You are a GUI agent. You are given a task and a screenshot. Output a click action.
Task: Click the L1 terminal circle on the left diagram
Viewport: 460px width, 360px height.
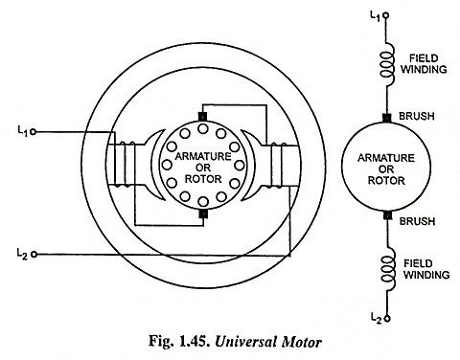pos(33,131)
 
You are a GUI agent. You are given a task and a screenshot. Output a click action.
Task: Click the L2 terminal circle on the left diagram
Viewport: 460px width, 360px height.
pos(34,255)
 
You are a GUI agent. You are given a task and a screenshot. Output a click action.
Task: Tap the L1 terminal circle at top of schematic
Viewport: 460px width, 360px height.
pos(386,14)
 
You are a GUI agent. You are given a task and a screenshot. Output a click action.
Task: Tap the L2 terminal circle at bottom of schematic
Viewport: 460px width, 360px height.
pos(387,318)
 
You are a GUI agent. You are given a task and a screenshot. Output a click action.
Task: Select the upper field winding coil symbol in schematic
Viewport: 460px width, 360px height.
pos(387,64)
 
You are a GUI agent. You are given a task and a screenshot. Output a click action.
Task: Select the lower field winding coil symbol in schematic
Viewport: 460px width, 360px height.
pos(388,269)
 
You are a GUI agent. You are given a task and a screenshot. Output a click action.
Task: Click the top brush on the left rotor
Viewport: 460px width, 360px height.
pos(203,117)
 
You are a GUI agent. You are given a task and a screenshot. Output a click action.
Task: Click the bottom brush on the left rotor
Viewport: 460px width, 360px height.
pos(203,214)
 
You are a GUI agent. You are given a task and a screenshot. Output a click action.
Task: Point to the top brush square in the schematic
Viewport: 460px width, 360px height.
pos(387,119)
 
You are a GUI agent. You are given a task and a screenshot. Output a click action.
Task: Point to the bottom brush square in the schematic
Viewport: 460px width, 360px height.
pos(387,215)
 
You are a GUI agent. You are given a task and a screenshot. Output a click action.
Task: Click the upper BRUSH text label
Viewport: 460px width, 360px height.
pos(417,116)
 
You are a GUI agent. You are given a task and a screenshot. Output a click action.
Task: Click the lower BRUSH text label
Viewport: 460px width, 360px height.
pos(417,221)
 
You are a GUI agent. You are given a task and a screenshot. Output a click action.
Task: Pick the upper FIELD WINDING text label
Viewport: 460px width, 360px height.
pos(424,64)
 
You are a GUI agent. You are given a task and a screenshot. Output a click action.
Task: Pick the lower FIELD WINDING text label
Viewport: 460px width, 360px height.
pos(426,269)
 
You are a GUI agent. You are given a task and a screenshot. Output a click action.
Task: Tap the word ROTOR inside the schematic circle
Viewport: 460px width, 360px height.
pos(386,181)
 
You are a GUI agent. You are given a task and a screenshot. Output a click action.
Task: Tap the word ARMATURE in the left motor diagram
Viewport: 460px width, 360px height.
pos(203,156)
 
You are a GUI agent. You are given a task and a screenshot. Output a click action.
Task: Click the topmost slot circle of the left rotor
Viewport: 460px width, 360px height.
pos(203,129)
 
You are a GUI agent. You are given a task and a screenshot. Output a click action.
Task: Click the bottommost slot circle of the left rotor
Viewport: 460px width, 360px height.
pos(203,201)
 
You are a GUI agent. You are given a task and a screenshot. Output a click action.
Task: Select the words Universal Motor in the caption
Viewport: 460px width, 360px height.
pos(268,342)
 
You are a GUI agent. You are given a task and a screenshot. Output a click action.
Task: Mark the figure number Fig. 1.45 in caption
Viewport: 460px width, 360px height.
pos(179,342)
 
